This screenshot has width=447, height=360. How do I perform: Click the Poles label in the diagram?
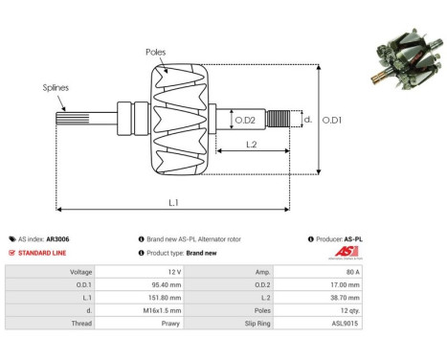coord(155,52)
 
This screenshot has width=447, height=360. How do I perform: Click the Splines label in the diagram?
coord(56,88)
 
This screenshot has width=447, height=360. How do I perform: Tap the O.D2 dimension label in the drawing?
coord(245,120)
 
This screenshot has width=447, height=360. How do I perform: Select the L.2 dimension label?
coord(251,144)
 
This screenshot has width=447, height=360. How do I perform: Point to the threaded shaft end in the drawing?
coord(279,120)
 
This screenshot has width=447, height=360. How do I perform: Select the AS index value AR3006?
coord(58,238)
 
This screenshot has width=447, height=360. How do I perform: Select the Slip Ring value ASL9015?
coord(346,326)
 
